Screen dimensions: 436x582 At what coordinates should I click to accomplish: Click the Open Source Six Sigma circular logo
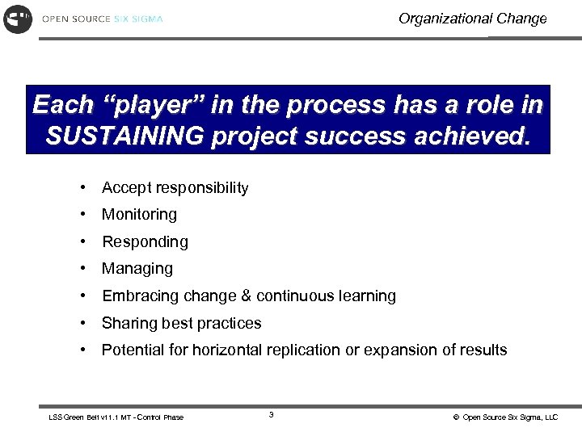coord(18,19)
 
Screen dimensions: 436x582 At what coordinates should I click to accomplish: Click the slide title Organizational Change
coord(472,19)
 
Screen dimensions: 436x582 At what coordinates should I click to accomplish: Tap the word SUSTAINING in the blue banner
coord(124,136)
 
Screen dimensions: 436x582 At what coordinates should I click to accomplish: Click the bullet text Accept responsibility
coord(175,188)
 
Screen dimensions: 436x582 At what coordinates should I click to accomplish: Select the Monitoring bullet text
coord(139,215)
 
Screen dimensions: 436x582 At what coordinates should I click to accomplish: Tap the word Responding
coord(145,242)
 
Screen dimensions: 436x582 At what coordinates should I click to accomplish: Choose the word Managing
coord(137,269)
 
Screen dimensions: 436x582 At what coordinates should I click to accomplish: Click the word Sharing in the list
coord(127,323)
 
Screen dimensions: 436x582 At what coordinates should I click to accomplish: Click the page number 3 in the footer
coord(271,415)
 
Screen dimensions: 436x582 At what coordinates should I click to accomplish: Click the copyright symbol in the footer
coord(456,417)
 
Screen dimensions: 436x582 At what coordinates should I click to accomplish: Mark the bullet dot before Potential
coord(83,350)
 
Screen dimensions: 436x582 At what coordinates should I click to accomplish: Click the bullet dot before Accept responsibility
coord(83,188)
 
